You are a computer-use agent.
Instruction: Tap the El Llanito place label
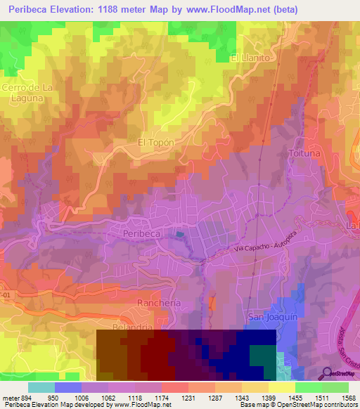click(x=250, y=58)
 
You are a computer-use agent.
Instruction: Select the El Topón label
click(x=155, y=142)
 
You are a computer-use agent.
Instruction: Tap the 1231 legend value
click(x=187, y=397)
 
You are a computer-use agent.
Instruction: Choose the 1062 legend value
click(x=108, y=397)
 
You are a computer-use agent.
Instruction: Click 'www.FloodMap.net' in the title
click(x=224, y=10)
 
